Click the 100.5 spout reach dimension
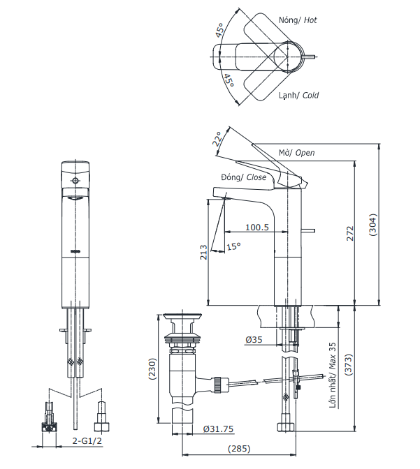(256, 228)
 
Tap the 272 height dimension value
(351, 233)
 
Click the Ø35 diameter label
(253, 340)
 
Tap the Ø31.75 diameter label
(218, 429)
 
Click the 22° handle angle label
(219, 140)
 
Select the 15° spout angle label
(233, 246)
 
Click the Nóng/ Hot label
(298, 20)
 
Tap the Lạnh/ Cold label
(298, 95)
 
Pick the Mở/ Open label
(296, 153)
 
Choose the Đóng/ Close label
(243, 178)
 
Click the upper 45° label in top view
(220, 31)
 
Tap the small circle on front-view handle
(75, 181)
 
